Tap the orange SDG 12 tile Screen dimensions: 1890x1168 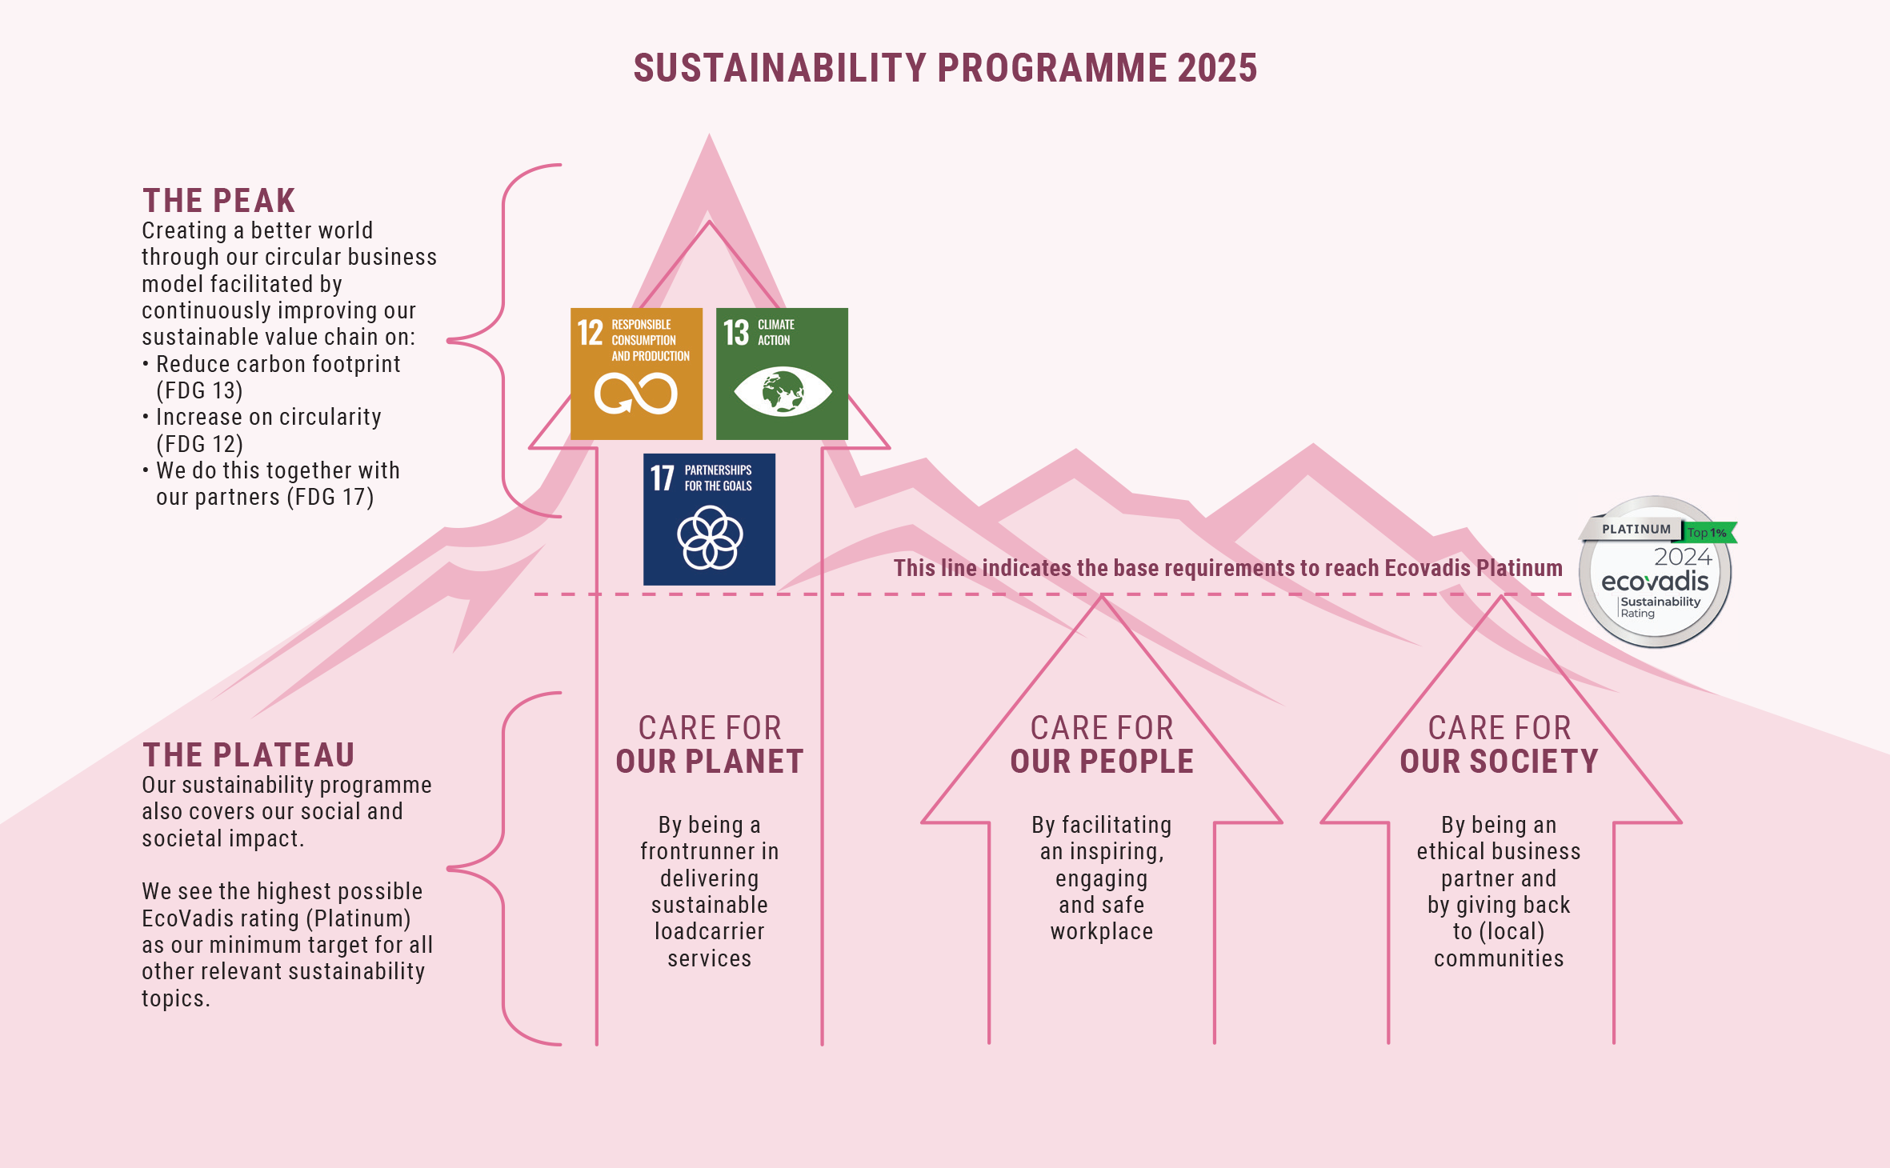[x=636, y=374]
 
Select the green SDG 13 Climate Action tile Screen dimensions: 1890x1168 [x=782, y=374]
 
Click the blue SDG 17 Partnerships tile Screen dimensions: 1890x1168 [x=709, y=519]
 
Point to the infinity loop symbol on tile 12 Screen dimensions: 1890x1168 [x=635, y=394]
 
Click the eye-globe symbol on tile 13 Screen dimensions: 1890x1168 [x=783, y=391]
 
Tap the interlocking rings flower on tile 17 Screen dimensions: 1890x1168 [x=710, y=537]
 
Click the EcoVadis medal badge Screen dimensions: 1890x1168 [x=1656, y=571]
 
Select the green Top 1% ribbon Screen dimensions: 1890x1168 [x=1709, y=533]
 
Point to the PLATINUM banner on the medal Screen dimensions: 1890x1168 [x=1632, y=529]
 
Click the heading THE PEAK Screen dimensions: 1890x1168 [x=219, y=200]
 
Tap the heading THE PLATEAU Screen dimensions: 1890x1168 [x=249, y=754]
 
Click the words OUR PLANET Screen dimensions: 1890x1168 [x=710, y=762]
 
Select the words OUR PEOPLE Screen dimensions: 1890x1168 [x=1102, y=762]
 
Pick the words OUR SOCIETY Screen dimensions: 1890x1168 [x=1499, y=762]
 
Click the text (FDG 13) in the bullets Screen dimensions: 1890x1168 [x=199, y=390]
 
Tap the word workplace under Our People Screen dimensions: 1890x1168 [x=1102, y=931]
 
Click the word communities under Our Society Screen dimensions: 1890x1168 [x=1499, y=958]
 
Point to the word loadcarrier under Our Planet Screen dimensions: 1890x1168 [x=710, y=931]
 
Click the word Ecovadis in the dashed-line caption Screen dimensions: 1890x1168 [x=1428, y=568]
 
